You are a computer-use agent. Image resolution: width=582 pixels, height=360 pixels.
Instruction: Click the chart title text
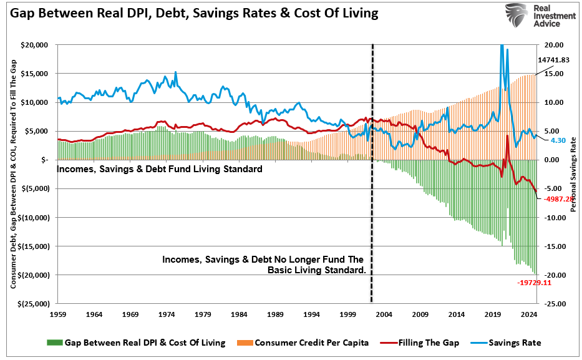pos(194,13)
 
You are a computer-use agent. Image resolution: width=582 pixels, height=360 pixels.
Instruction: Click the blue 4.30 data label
pos(558,141)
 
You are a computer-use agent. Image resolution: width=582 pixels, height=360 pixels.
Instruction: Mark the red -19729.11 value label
pos(535,283)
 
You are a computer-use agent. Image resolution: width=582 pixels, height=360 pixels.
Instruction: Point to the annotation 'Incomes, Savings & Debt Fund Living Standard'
pos(160,169)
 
